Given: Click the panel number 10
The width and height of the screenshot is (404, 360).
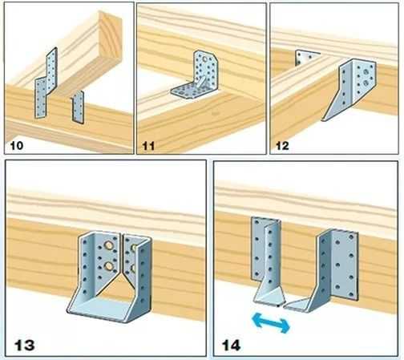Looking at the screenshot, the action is click(x=17, y=146).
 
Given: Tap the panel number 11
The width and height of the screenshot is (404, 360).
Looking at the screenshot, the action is click(x=148, y=146).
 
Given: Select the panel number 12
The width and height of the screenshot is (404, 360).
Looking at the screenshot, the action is click(x=282, y=146).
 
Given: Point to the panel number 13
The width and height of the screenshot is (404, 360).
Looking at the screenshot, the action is click(x=24, y=345).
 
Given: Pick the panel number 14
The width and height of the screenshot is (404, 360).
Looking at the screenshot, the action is click(x=232, y=345).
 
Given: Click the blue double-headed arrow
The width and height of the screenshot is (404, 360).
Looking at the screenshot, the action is click(x=271, y=323).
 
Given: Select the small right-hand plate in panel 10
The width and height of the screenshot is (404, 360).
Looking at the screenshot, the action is click(x=78, y=107).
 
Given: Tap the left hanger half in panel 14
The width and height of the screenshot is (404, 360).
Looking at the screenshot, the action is click(x=267, y=262).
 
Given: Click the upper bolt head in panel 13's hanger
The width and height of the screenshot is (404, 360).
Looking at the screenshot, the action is click(x=108, y=245).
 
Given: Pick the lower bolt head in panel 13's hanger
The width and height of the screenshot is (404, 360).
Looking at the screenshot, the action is click(x=109, y=265).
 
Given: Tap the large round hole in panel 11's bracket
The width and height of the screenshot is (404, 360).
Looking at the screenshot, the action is click(x=204, y=59).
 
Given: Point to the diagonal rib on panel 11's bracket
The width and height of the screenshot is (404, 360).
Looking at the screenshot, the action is click(x=201, y=83).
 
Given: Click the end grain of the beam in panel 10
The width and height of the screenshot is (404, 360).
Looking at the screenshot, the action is click(x=110, y=38).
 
